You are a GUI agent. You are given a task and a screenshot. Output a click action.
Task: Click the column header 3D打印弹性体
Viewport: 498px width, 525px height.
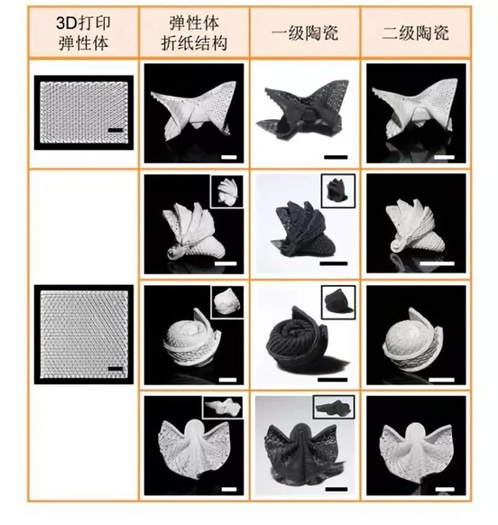(x=83, y=33)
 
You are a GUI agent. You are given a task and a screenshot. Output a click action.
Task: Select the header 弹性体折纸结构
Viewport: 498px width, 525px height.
(x=194, y=33)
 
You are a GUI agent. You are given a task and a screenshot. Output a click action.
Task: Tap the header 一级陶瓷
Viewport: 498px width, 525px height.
(x=304, y=33)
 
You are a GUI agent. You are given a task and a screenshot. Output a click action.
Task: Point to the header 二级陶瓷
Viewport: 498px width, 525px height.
(x=415, y=33)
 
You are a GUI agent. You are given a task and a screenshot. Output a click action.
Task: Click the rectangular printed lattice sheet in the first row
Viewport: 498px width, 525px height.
(x=84, y=113)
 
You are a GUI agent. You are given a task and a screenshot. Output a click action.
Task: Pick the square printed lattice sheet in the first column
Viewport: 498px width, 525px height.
(x=84, y=334)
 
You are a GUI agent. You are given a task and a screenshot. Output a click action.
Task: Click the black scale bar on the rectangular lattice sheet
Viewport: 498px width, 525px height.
(x=115, y=130)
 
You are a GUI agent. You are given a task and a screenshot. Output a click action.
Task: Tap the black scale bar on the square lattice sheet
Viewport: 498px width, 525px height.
(x=115, y=369)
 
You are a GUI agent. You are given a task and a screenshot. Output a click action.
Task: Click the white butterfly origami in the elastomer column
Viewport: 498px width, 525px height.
(x=194, y=109)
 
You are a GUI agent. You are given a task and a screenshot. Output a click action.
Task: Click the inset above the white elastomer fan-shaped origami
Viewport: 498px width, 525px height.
(x=227, y=191)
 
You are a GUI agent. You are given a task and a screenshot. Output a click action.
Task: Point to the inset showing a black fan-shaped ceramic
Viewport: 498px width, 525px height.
(x=338, y=190)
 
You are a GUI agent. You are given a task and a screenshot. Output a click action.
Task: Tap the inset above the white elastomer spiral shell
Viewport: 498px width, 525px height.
(x=227, y=301)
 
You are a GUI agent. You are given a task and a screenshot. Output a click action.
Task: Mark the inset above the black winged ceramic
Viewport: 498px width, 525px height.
(x=334, y=407)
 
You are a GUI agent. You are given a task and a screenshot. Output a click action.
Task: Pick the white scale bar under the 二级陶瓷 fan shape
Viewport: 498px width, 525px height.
(x=437, y=263)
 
